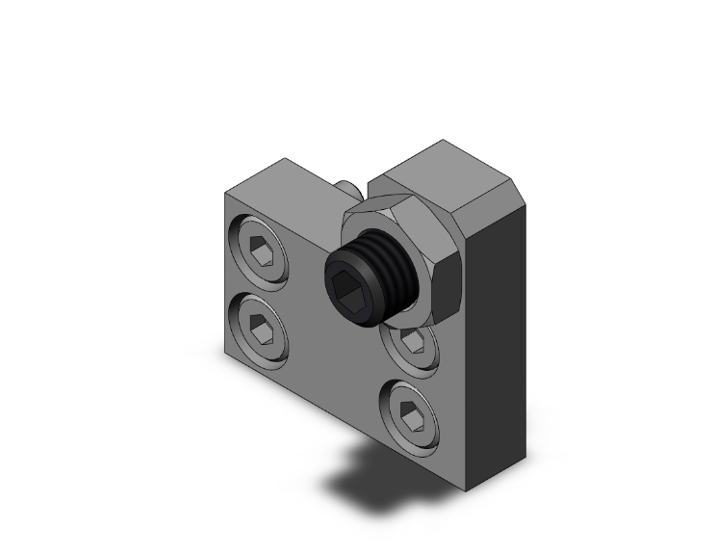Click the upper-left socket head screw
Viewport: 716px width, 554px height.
pyautogui.click(x=260, y=252)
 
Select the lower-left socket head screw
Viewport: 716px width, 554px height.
pyautogui.click(x=260, y=329)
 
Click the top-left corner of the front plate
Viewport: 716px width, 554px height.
pyautogui.click(x=226, y=193)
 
